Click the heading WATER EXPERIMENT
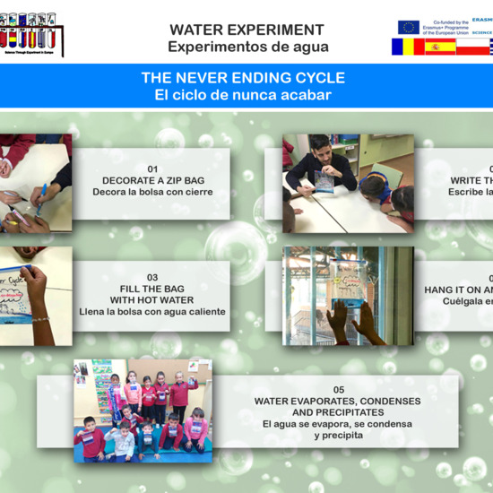coord(246,30)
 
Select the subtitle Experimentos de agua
coord(247,47)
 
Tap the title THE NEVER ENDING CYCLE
coord(243,78)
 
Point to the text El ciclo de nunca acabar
coord(243,95)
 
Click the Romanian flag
coord(407,47)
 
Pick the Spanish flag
coord(440,47)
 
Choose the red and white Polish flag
coord(473,47)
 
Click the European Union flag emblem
coord(408,27)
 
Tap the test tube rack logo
coord(32,34)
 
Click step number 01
coord(152,169)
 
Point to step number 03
coord(152,277)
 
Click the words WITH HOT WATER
coord(152,300)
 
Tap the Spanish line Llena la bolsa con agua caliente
coord(152,312)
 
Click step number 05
coord(338,389)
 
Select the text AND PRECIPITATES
coord(338,412)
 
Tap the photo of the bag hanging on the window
coord(348,296)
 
